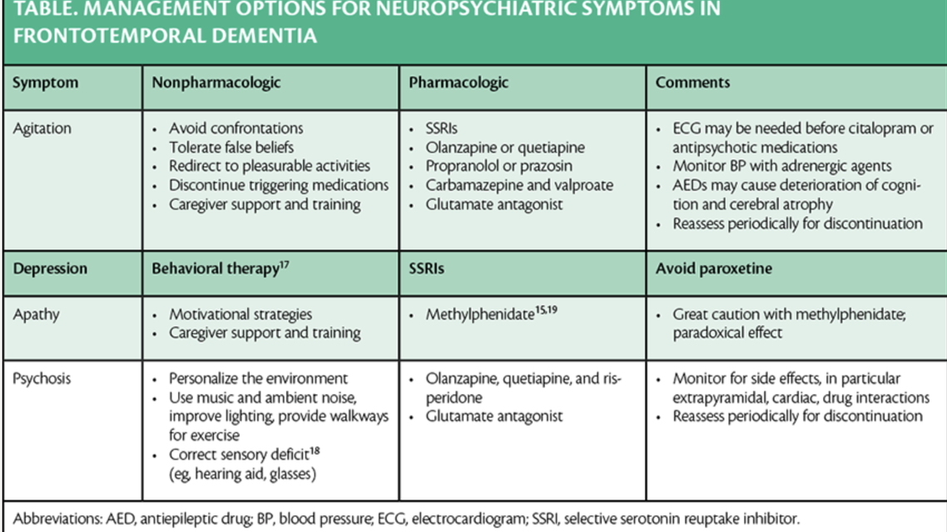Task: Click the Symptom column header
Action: (45, 83)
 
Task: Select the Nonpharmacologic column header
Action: (216, 83)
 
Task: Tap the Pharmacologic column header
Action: (459, 83)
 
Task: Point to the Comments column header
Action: (692, 83)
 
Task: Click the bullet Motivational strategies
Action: (240, 315)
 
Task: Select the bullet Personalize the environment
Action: (258, 379)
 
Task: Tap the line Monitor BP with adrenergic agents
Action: (782, 166)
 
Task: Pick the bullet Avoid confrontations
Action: (236, 129)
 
